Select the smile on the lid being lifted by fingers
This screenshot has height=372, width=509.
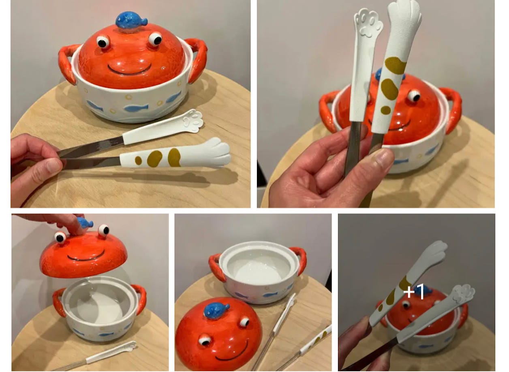[x=86, y=256]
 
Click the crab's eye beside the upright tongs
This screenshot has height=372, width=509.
[x=414, y=96]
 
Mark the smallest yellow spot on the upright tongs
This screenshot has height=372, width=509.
[x=386, y=110]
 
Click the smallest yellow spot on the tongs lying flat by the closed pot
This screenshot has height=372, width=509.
[x=138, y=160]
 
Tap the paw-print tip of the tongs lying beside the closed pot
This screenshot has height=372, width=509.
[x=193, y=120]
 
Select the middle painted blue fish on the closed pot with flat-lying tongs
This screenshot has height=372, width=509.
[x=136, y=107]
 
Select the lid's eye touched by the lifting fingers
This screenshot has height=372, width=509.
[x=60, y=237]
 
